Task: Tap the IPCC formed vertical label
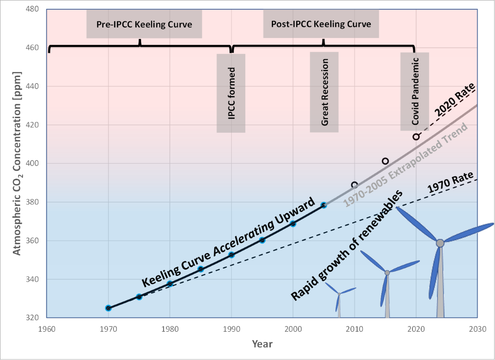tap(231, 93)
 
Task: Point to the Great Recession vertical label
tap(324, 92)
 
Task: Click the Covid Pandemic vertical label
tap(415, 92)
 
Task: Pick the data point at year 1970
tap(108, 308)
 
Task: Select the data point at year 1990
tap(231, 255)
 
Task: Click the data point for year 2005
tap(324, 205)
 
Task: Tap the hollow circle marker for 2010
tap(354, 185)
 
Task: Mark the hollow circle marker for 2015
tap(385, 161)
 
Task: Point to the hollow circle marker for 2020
tap(416, 137)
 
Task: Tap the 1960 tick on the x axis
tap(47, 329)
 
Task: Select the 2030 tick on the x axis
tap(477, 329)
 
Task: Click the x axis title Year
tap(262, 344)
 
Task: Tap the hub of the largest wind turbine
tap(440, 243)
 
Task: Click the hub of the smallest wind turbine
tap(339, 293)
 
